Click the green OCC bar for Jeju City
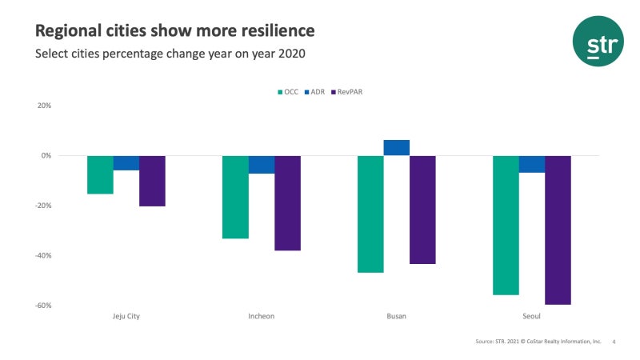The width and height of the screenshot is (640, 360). click(x=100, y=174)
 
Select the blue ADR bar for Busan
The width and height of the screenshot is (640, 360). click(x=397, y=148)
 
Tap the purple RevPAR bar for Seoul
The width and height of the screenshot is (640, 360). click(x=558, y=230)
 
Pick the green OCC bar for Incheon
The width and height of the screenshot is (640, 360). click(x=235, y=197)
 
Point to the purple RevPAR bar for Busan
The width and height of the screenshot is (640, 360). click(x=422, y=210)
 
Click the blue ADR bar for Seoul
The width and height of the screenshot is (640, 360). click(x=532, y=164)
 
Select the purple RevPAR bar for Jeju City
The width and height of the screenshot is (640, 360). click(x=152, y=181)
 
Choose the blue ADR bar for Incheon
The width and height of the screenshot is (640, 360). click(x=262, y=165)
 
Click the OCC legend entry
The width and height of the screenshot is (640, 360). click(x=287, y=92)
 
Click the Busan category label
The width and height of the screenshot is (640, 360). click(x=396, y=316)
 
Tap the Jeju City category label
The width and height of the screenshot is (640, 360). click(x=126, y=316)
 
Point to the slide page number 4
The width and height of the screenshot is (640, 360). click(x=614, y=342)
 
